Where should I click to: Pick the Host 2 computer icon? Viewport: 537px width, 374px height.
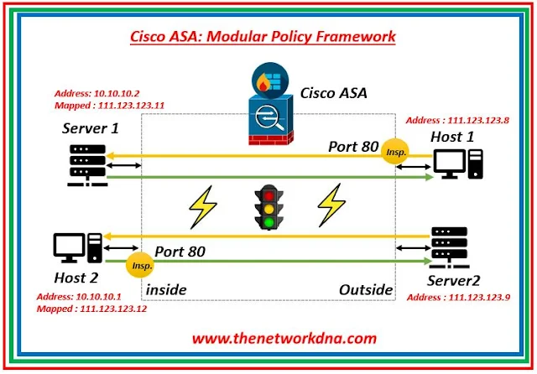(x=76, y=246)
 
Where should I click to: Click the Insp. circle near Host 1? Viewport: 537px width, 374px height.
(x=394, y=151)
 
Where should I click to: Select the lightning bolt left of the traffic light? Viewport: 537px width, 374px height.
(x=203, y=207)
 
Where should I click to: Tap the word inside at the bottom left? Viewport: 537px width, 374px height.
(x=166, y=289)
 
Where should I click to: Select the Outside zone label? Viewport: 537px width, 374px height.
(x=365, y=289)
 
